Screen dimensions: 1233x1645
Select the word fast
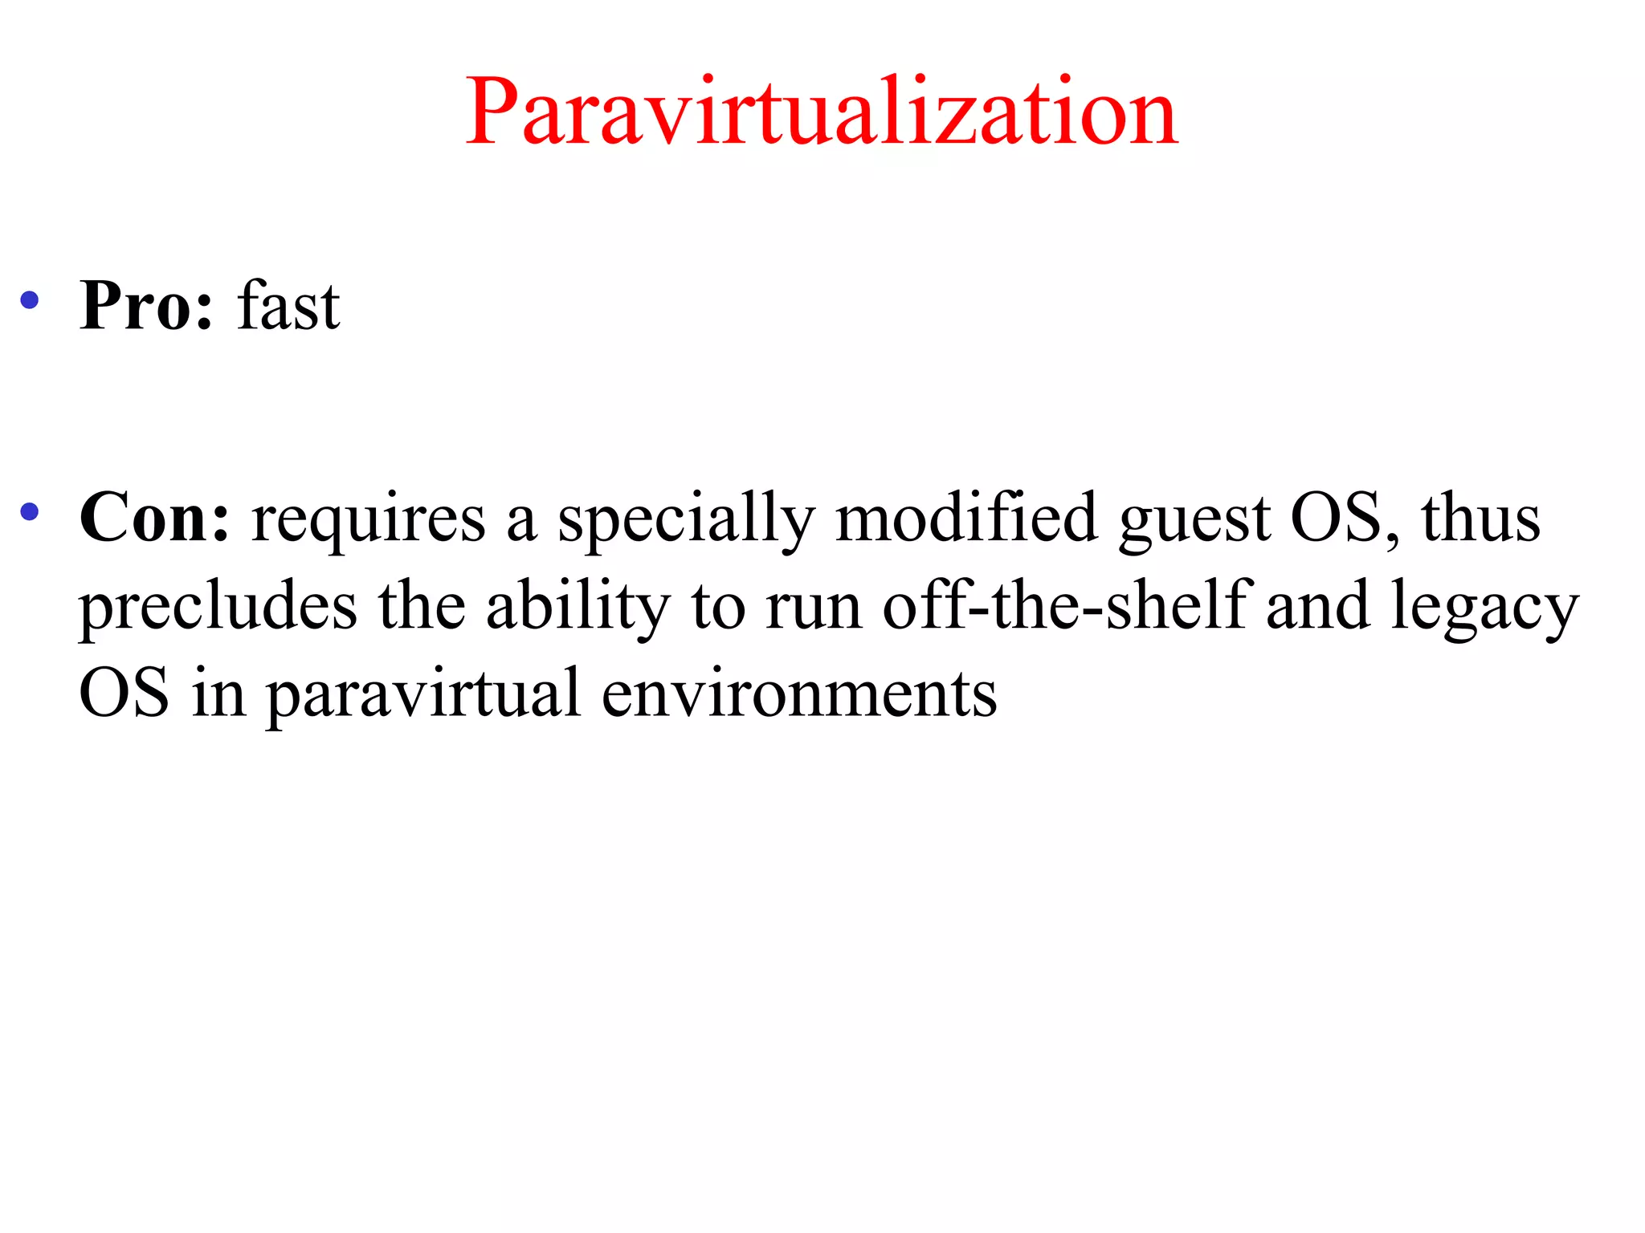288,306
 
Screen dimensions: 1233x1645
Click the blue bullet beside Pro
30,300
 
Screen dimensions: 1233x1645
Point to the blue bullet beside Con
30,511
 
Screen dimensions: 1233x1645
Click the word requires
369,521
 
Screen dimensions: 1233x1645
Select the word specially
687,521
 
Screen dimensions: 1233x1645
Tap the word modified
966,518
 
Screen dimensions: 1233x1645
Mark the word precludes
218,608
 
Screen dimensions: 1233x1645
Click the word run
813,610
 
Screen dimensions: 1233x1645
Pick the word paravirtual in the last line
423,696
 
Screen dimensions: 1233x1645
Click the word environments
799,694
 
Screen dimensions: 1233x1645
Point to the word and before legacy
1318,606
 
